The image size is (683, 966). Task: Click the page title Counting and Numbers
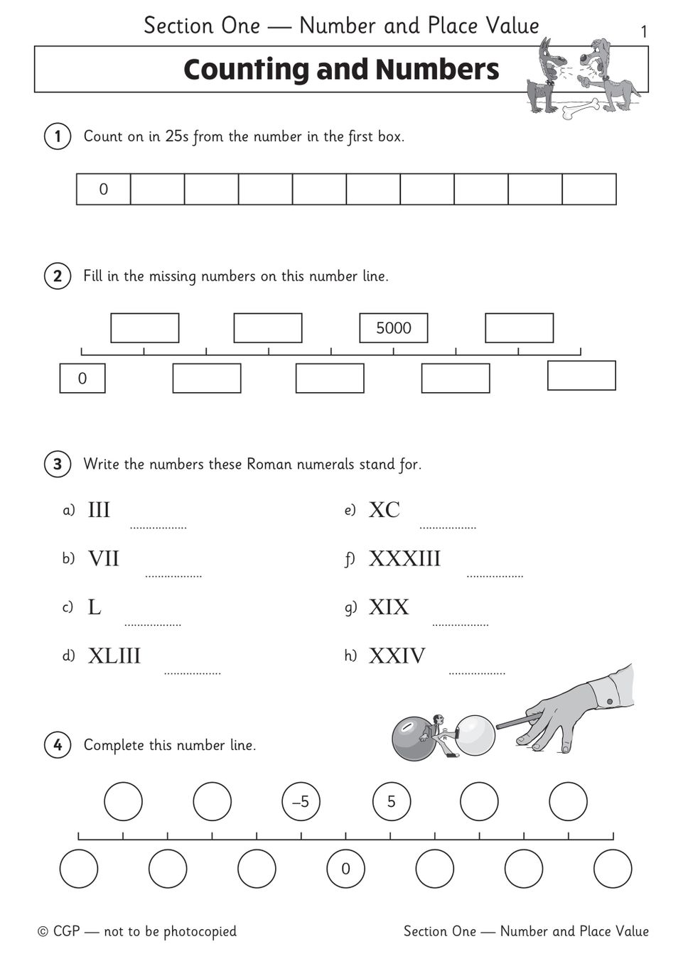point(341,70)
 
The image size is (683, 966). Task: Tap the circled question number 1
point(58,136)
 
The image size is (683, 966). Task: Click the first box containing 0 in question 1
point(104,190)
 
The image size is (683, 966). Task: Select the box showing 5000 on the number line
point(393,328)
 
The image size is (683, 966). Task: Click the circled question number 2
point(58,276)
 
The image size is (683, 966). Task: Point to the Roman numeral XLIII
point(114,656)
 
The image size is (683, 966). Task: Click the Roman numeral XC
point(384,510)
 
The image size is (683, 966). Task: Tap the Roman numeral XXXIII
point(404,559)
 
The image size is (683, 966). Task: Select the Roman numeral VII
point(104,559)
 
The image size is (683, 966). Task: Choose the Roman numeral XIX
point(389,607)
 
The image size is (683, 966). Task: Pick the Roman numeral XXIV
point(397,656)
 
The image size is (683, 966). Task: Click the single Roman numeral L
point(95,607)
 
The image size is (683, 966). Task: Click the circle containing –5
point(301,802)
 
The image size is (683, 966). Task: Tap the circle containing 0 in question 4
point(345,869)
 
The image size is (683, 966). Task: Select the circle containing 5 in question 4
point(391,802)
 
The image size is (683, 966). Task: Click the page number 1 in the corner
point(644,32)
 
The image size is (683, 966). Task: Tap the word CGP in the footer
point(67,931)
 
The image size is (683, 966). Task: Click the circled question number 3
point(58,465)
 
